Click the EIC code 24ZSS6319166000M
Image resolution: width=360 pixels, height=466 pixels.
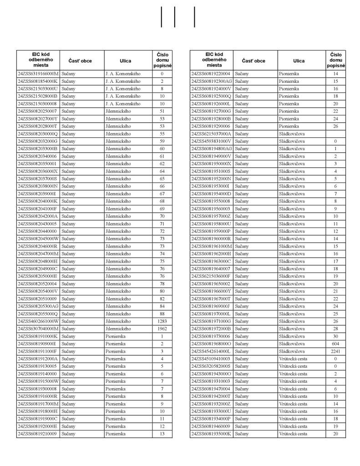pos(38,73)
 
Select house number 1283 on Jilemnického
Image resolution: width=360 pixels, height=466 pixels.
pos(162,321)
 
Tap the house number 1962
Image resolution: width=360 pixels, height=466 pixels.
pos(162,329)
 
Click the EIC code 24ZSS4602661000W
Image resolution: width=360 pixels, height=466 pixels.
pos(38,321)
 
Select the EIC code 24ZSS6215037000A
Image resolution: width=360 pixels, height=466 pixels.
pos(212,134)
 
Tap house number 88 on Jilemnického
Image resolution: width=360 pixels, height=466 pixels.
pos(162,314)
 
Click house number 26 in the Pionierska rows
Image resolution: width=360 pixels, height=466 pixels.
pos(335,126)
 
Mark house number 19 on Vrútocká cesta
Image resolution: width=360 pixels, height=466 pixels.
pos(335,426)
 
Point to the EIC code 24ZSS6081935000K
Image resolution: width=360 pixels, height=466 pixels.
pos(212,434)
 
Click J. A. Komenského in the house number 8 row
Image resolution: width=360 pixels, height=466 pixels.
pos(122,88)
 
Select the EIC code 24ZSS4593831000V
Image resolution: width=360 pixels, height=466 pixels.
pos(212,141)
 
